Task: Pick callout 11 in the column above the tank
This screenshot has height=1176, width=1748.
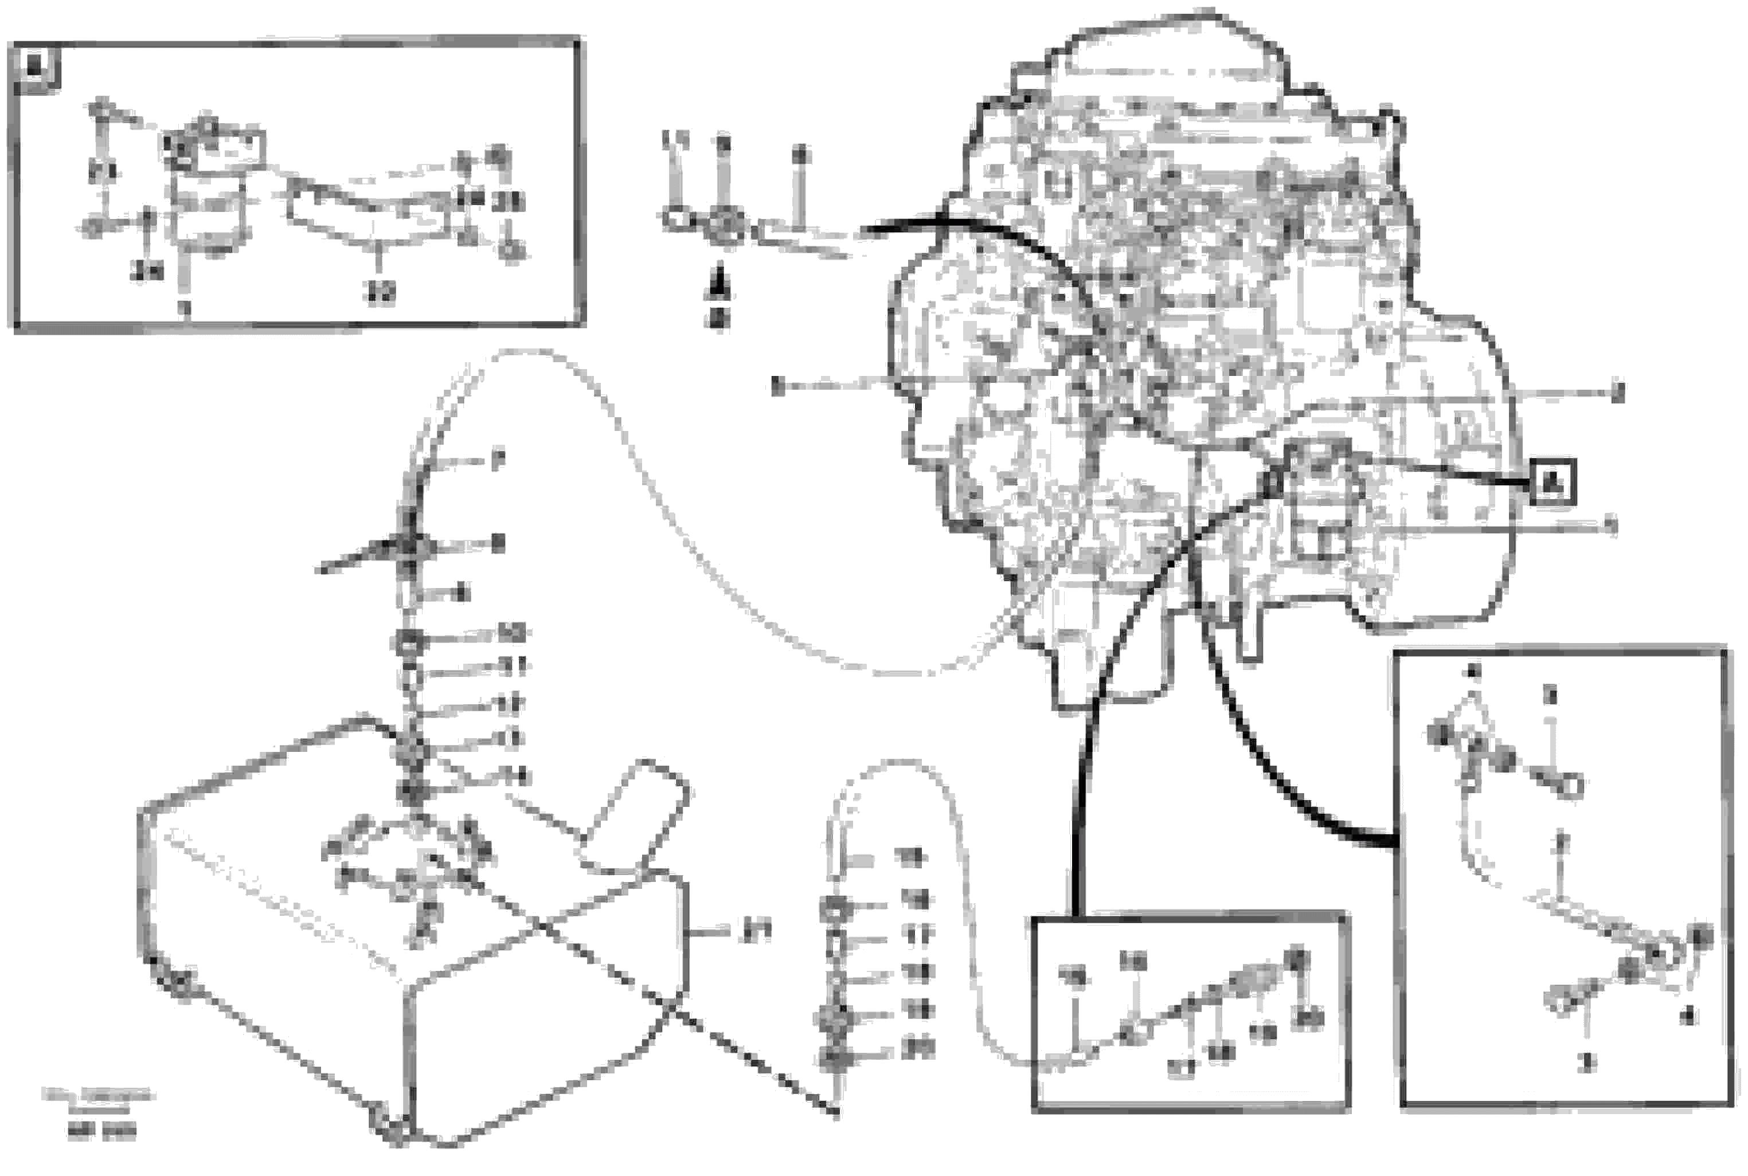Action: coord(514,665)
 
